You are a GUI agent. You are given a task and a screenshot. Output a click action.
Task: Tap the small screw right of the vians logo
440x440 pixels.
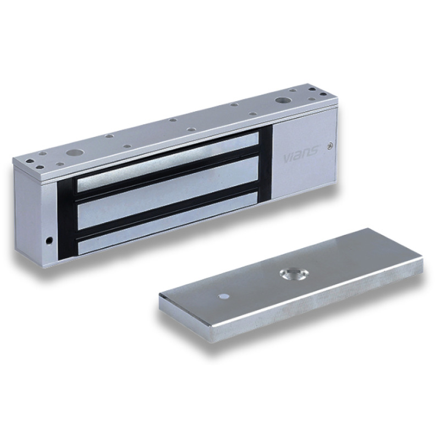329,146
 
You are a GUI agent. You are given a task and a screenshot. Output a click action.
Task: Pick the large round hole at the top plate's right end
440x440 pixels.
284,101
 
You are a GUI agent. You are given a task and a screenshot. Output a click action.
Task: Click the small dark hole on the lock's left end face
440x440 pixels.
49,240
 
